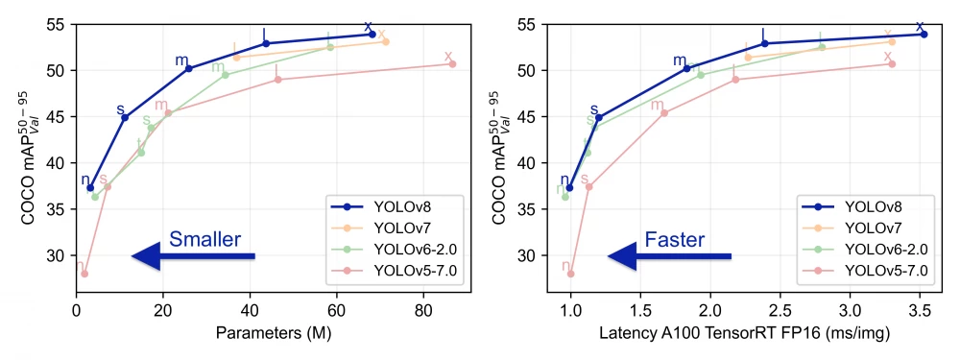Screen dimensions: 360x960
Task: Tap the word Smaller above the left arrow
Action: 204,239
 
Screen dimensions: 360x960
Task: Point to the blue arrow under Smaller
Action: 192,255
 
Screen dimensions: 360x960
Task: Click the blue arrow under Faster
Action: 669,255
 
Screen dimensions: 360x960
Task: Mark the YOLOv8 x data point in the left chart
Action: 372,34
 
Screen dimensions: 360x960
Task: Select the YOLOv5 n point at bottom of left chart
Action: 84,274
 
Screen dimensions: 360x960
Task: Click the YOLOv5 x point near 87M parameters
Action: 452,64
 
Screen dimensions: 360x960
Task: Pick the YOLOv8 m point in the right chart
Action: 687,68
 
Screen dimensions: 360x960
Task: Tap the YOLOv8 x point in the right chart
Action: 924,34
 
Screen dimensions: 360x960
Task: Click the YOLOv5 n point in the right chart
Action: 570,274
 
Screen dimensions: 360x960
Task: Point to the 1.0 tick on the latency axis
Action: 570,312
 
